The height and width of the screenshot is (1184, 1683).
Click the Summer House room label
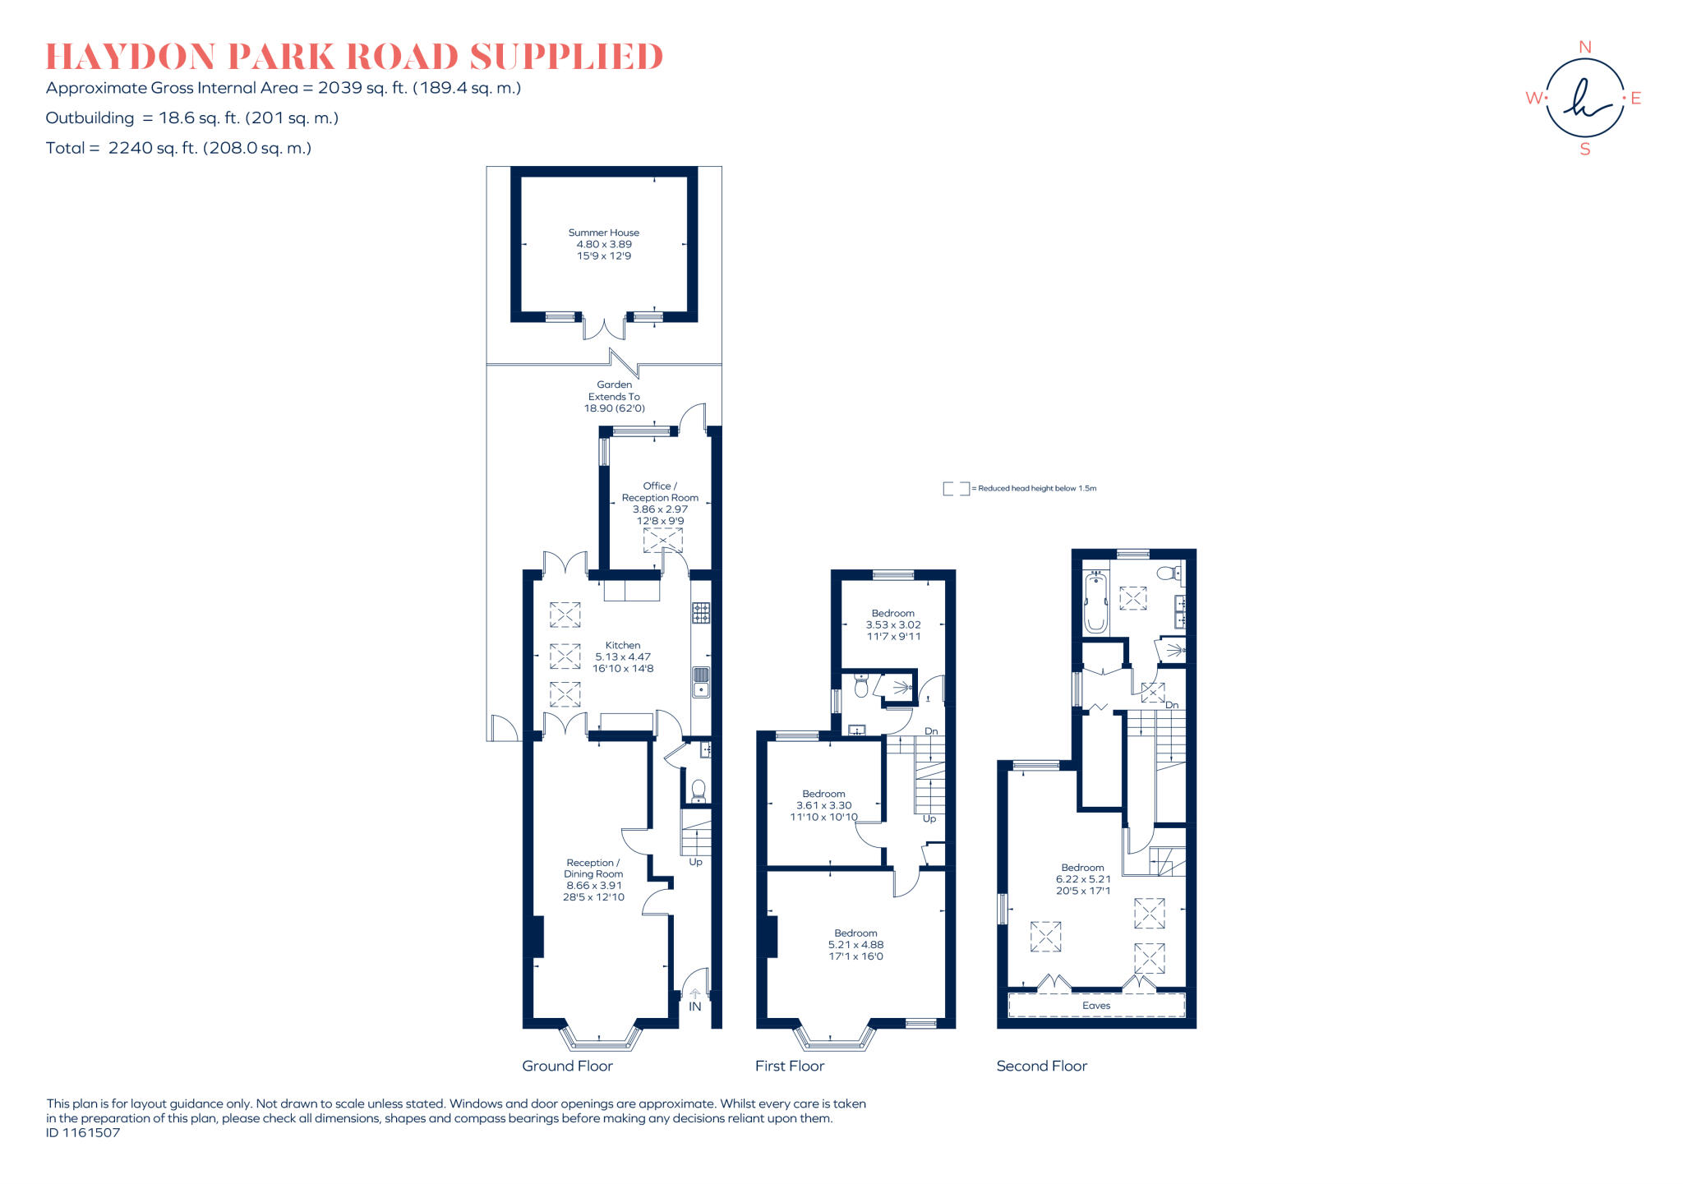(603, 233)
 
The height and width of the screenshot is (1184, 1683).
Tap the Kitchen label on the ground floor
(622, 645)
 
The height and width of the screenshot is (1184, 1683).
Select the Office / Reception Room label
(660, 491)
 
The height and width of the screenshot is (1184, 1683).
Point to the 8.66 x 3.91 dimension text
(593, 886)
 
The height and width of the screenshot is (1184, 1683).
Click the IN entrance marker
(695, 1006)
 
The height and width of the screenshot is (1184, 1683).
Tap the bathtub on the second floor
(1095, 603)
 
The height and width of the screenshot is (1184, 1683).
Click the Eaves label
(1096, 1006)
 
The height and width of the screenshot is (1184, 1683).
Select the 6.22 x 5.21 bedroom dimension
(1083, 879)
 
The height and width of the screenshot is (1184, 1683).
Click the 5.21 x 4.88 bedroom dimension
(855, 945)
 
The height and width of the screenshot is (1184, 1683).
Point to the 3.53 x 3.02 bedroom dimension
(893, 624)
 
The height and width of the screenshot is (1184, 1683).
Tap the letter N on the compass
(1585, 48)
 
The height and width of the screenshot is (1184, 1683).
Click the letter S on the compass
(1585, 150)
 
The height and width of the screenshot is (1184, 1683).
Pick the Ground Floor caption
(567, 1066)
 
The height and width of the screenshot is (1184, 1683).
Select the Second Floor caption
(1041, 1066)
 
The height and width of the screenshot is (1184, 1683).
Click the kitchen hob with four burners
(701, 612)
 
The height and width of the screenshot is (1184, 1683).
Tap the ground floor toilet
(699, 790)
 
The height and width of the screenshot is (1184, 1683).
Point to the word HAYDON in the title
(131, 57)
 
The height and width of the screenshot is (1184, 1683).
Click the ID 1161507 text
(83, 1133)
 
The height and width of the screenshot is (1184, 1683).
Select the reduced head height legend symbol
(956, 489)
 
